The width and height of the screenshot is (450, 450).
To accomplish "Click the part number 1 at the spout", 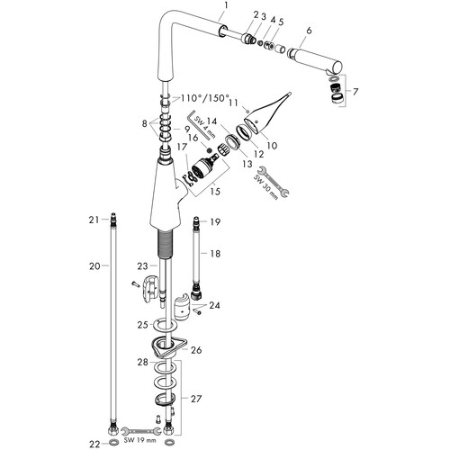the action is coord(226,5).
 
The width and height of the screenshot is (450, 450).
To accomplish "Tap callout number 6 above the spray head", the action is coord(309,31).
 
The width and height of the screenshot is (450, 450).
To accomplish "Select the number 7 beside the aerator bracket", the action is coord(355,92).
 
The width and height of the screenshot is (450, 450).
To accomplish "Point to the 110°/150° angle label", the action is coord(204,98).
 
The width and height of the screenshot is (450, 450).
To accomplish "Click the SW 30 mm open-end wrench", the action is coord(273,182).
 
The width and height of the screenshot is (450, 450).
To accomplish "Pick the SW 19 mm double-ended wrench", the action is coord(140,431).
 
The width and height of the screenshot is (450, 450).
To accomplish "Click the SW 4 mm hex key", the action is coord(201,125).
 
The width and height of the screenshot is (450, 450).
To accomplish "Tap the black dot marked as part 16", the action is coord(210,149).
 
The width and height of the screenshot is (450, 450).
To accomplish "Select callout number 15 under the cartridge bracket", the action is coord(215,191).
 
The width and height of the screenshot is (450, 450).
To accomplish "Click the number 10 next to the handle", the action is coord(272,146).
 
